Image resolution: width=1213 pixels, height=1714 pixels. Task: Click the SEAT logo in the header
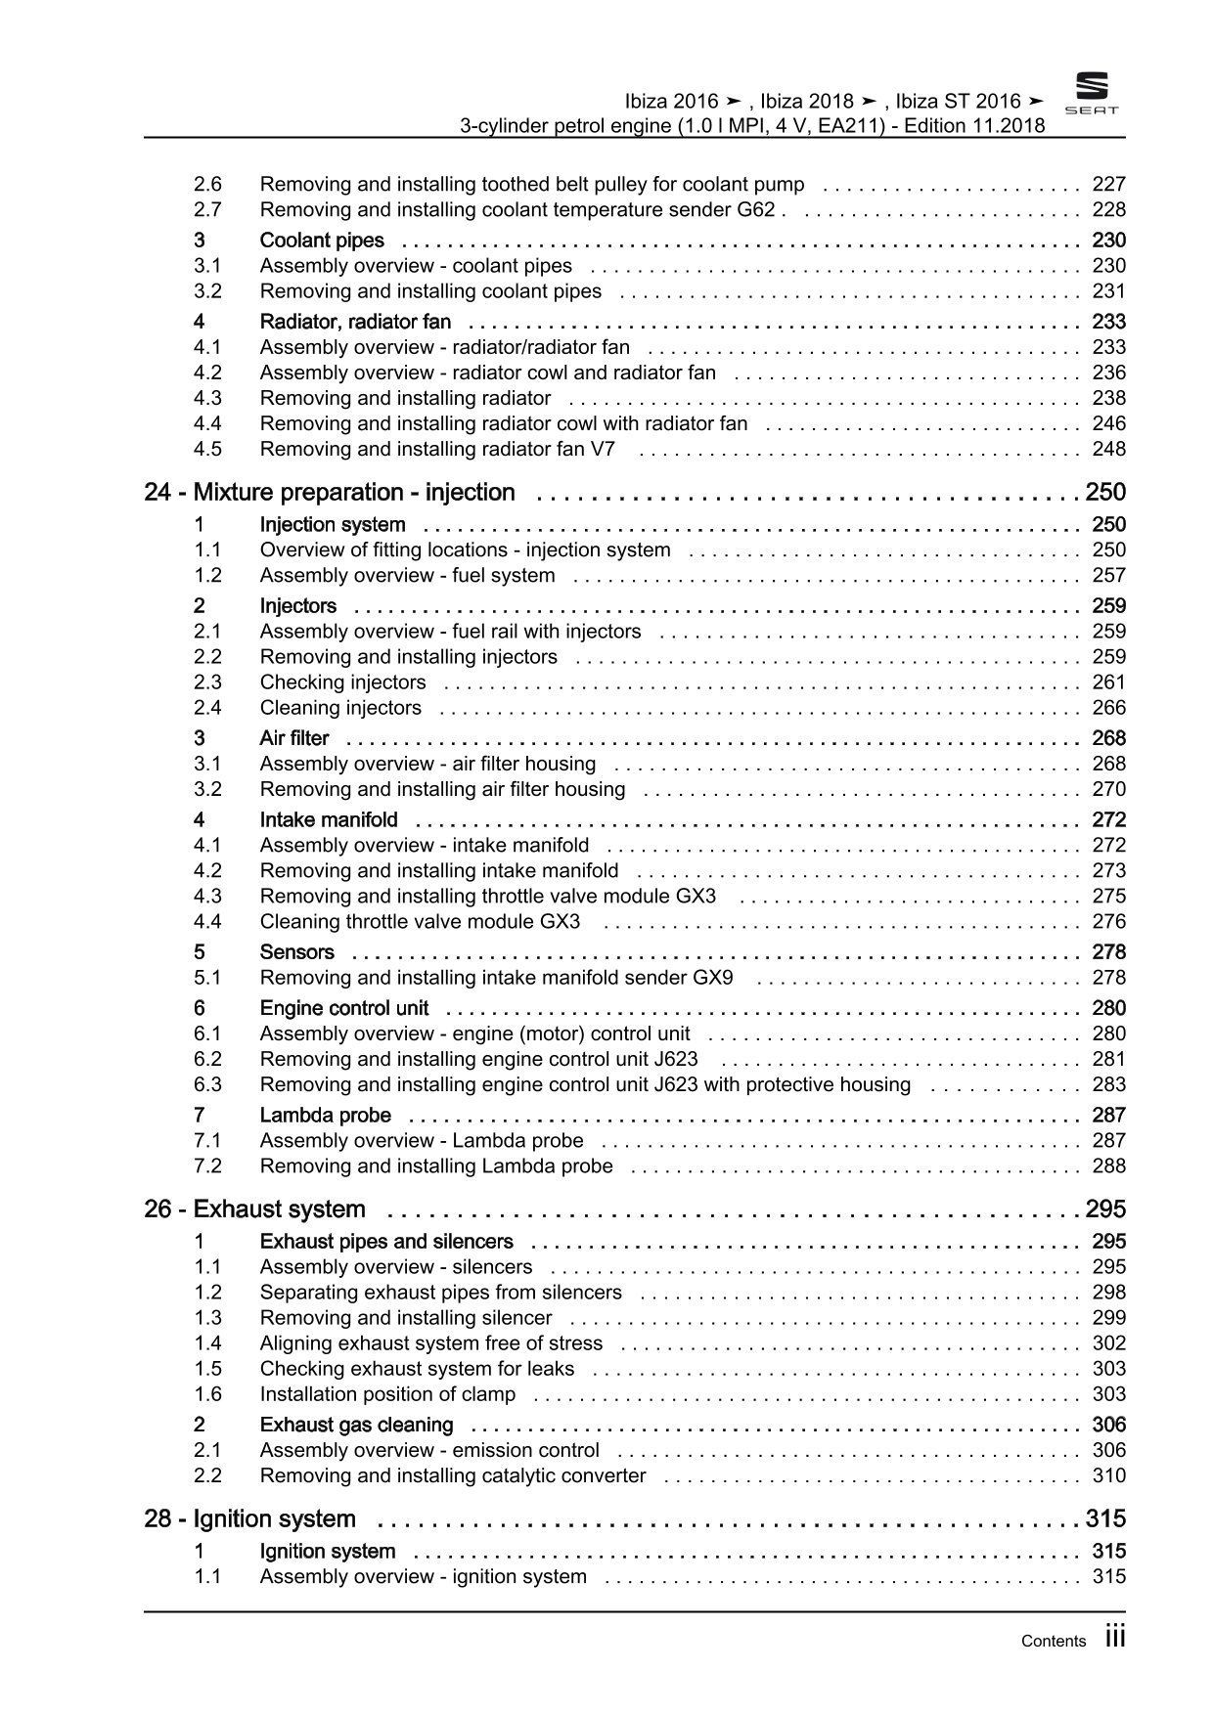pos(1091,94)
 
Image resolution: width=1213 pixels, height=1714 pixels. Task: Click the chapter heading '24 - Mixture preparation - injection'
pos(329,492)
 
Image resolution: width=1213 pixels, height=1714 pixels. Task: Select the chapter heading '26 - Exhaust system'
pos(254,1209)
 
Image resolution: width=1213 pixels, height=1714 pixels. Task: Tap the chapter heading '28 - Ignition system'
pos(249,1518)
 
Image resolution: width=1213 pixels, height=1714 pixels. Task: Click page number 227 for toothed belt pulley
pos(1108,184)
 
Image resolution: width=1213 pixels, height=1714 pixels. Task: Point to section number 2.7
pos(207,209)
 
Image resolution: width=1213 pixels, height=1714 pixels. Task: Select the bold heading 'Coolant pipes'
pos(322,241)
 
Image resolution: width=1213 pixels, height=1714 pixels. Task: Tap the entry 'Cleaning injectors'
pos(340,708)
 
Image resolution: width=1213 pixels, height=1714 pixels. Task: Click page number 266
pos(1108,708)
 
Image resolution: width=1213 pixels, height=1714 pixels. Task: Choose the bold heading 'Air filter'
pos(294,738)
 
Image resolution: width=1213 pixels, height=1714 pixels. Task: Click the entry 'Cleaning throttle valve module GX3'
pos(420,921)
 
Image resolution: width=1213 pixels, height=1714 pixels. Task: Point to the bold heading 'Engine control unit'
pos(344,1008)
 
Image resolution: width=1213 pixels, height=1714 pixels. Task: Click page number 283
pos(1108,1084)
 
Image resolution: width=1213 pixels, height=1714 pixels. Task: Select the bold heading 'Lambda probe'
pos(325,1115)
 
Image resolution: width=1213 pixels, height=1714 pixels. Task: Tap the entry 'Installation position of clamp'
pos(387,1394)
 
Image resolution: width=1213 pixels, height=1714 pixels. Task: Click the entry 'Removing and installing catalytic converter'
pos(453,1475)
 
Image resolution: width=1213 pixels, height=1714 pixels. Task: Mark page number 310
pos(1108,1475)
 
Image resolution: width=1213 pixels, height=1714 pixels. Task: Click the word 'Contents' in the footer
pos(1053,1642)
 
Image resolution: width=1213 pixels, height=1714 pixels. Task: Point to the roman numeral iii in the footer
pos(1115,1638)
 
